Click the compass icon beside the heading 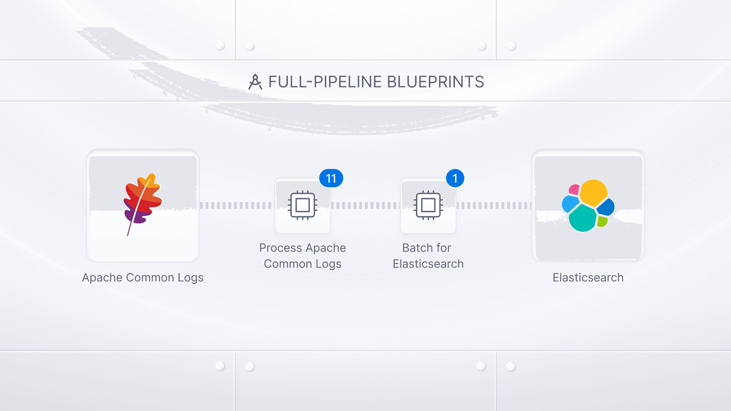coord(255,82)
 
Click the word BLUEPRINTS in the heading coord(436,82)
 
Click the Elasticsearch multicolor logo coord(588,205)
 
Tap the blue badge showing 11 coord(331,178)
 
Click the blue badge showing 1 coord(455,178)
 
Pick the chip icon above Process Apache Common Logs coord(303,205)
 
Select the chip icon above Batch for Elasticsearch coord(428,205)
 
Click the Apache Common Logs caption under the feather coord(143,278)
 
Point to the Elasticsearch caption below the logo coord(588,277)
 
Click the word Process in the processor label coord(281,248)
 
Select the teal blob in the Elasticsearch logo coord(583,218)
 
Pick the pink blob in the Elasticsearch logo coord(574,190)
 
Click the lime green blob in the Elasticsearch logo coord(602,221)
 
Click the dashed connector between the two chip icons coord(365,205)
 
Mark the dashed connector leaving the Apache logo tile coord(236,205)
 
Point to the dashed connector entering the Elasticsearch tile coord(494,205)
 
